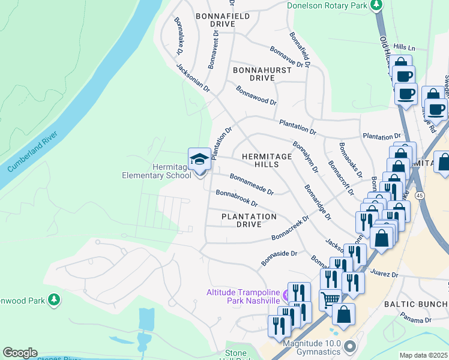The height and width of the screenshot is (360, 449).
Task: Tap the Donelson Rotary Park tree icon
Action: click(x=376, y=5)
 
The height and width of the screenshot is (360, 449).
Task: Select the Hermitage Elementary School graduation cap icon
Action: click(x=199, y=160)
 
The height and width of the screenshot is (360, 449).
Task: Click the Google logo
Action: click(x=20, y=353)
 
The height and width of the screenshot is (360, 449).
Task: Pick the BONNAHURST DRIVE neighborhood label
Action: click(x=262, y=74)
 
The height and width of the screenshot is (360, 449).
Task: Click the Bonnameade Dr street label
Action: click(x=252, y=184)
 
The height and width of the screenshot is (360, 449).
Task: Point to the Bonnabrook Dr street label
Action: click(x=237, y=199)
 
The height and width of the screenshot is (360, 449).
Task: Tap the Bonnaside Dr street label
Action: click(x=279, y=258)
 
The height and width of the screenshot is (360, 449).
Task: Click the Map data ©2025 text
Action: click(x=424, y=355)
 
